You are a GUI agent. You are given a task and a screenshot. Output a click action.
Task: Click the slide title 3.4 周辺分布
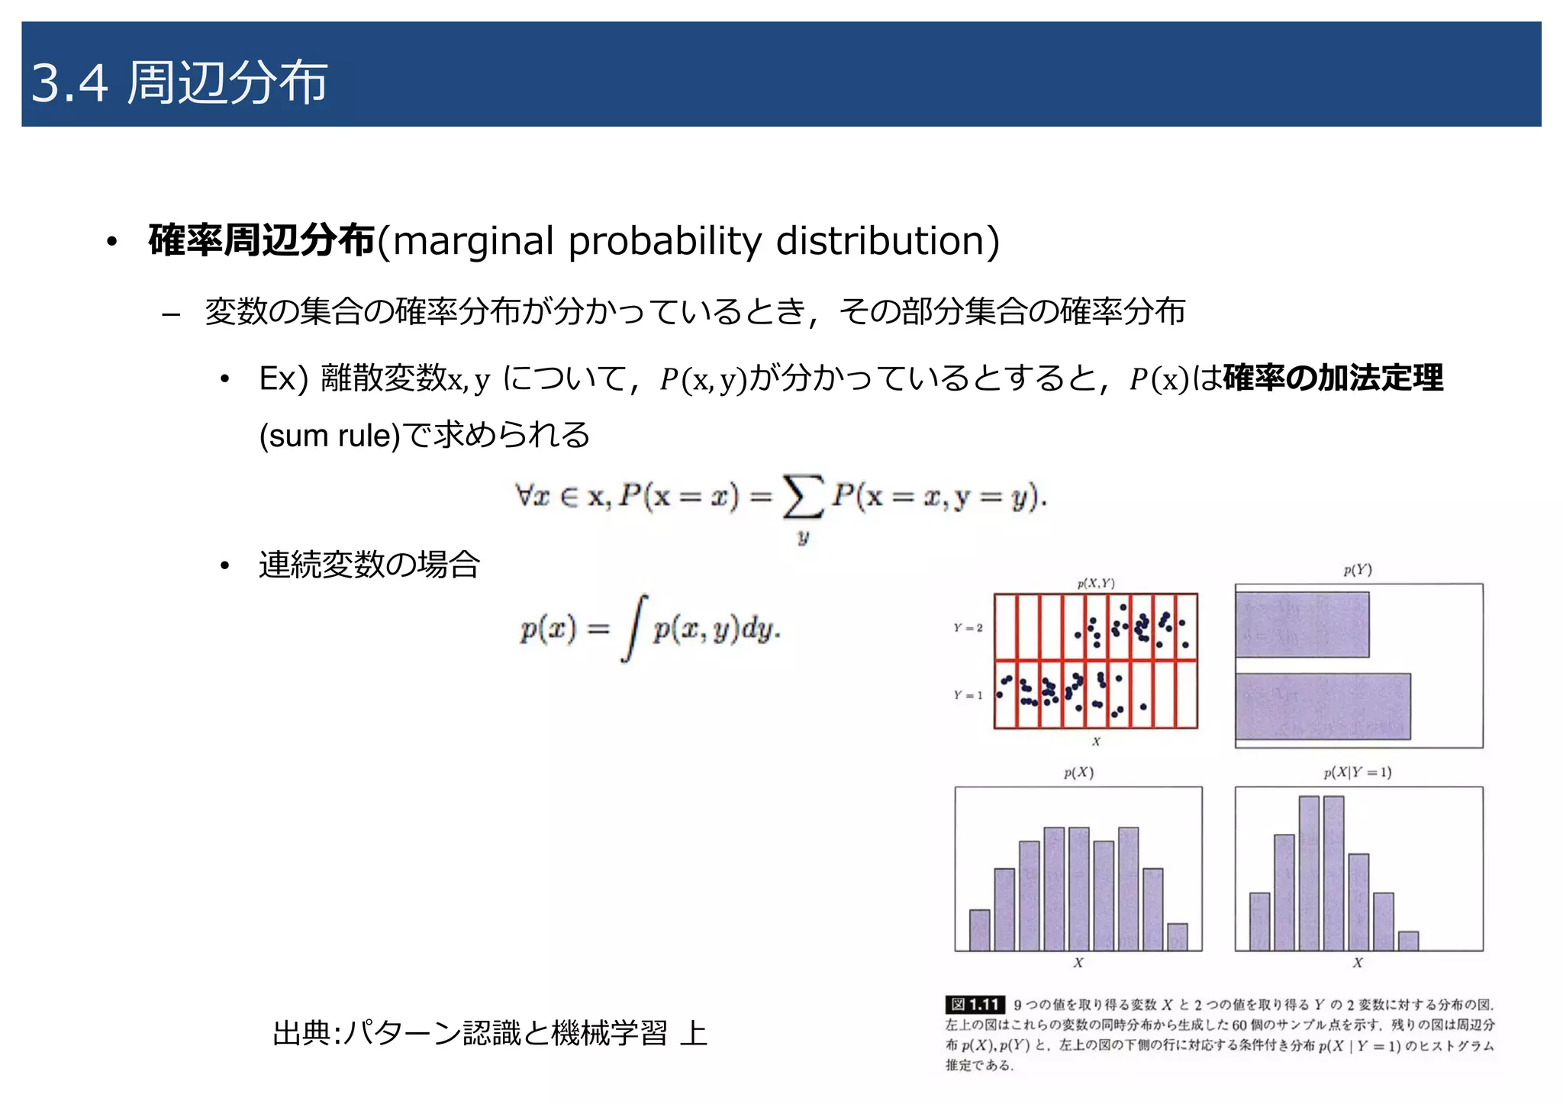[179, 82]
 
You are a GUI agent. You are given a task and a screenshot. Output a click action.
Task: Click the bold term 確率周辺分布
[262, 241]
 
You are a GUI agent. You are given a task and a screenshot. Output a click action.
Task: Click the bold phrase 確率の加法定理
[1333, 378]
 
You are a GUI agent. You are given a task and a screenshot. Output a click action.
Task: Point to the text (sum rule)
[330, 436]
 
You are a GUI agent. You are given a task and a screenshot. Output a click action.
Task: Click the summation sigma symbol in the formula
[803, 497]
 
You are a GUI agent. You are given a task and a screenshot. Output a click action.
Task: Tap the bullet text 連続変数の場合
[369, 565]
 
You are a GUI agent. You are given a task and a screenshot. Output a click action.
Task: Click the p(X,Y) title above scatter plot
[1096, 584]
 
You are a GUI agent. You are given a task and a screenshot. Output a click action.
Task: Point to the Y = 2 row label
[968, 628]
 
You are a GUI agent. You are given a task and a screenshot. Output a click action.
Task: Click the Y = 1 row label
[968, 695]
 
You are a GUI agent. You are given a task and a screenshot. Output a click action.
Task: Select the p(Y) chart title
[1358, 570]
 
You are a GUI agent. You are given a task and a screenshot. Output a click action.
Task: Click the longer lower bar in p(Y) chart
[1323, 706]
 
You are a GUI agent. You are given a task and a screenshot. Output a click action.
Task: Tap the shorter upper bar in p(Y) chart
[1302, 625]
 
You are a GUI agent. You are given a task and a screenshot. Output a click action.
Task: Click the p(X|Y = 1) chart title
[1358, 772]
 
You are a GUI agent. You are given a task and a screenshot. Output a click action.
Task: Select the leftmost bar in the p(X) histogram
[979, 929]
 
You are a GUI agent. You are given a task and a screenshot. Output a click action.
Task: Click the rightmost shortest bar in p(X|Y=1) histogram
[1408, 941]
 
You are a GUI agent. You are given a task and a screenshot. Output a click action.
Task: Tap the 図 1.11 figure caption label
[975, 1005]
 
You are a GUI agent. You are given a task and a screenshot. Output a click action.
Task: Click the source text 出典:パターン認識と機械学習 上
[490, 1034]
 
